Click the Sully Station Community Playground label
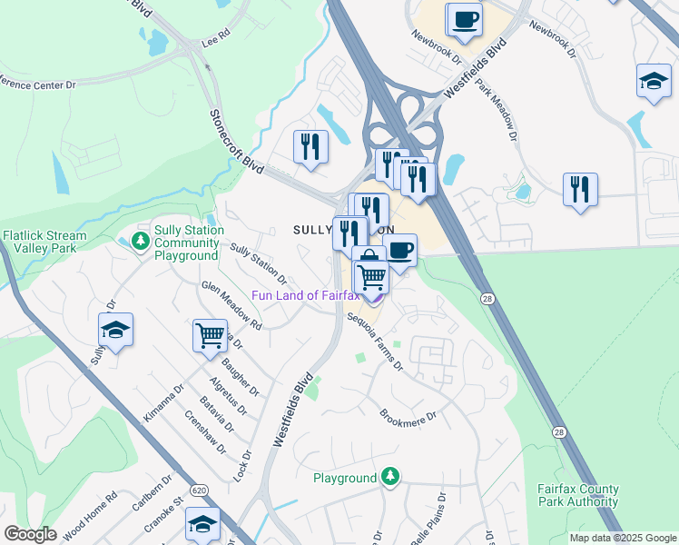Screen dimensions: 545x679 pyautogui.click(x=186, y=243)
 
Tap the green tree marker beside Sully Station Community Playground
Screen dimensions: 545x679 pyautogui.click(x=140, y=241)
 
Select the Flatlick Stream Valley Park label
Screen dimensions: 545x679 pyautogui.click(x=44, y=242)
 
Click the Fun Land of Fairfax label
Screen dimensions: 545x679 pyautogui.click(x=305, y=295)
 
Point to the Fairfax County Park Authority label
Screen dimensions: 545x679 pyautogui.click(x=577, y=495)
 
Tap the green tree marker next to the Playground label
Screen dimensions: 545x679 pyautogui.click(x=390, y=475)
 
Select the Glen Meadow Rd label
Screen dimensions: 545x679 pyautogui.click(x=231, y=304)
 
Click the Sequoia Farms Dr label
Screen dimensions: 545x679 pyautogui.click(x=375, y=341)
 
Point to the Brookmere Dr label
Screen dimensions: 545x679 pyautogui.click(x=408, y=419)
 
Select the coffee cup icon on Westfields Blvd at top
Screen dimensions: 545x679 pyautogui.click(x=465, y=19)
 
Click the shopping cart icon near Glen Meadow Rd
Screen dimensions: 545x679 pyautogui.click(x=210, y=335)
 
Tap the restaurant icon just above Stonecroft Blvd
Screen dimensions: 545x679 pyautogui.click(x=310, y=146)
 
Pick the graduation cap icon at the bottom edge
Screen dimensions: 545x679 pyautogui.click(x=202, y=523)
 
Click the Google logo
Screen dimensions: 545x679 pyautogui.click(x=30, y=534)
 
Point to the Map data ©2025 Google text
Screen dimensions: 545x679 pyautogui.click(x=622, y=538)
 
